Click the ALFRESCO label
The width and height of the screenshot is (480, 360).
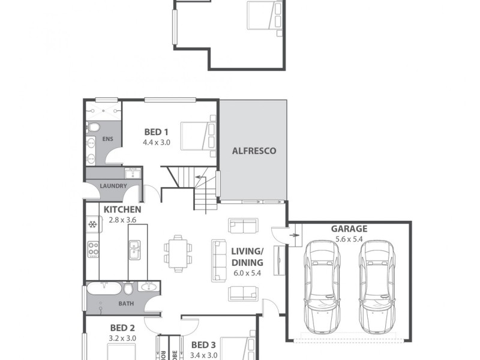254,151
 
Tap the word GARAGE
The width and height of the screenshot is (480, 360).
349,229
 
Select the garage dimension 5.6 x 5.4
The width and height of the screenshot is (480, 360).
349,238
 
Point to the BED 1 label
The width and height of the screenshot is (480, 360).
155,133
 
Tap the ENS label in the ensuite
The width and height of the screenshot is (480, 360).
109,139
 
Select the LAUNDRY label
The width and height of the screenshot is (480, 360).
113,186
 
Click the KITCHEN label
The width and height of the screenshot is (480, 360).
122,209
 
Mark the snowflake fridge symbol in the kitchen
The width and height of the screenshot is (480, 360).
92,225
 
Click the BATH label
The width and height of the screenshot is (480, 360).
126,304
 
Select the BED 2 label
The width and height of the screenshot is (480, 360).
122,328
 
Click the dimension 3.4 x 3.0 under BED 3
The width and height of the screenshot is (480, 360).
204,355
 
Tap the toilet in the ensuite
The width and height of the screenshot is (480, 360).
93,127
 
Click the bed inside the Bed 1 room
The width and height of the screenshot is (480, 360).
199,133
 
